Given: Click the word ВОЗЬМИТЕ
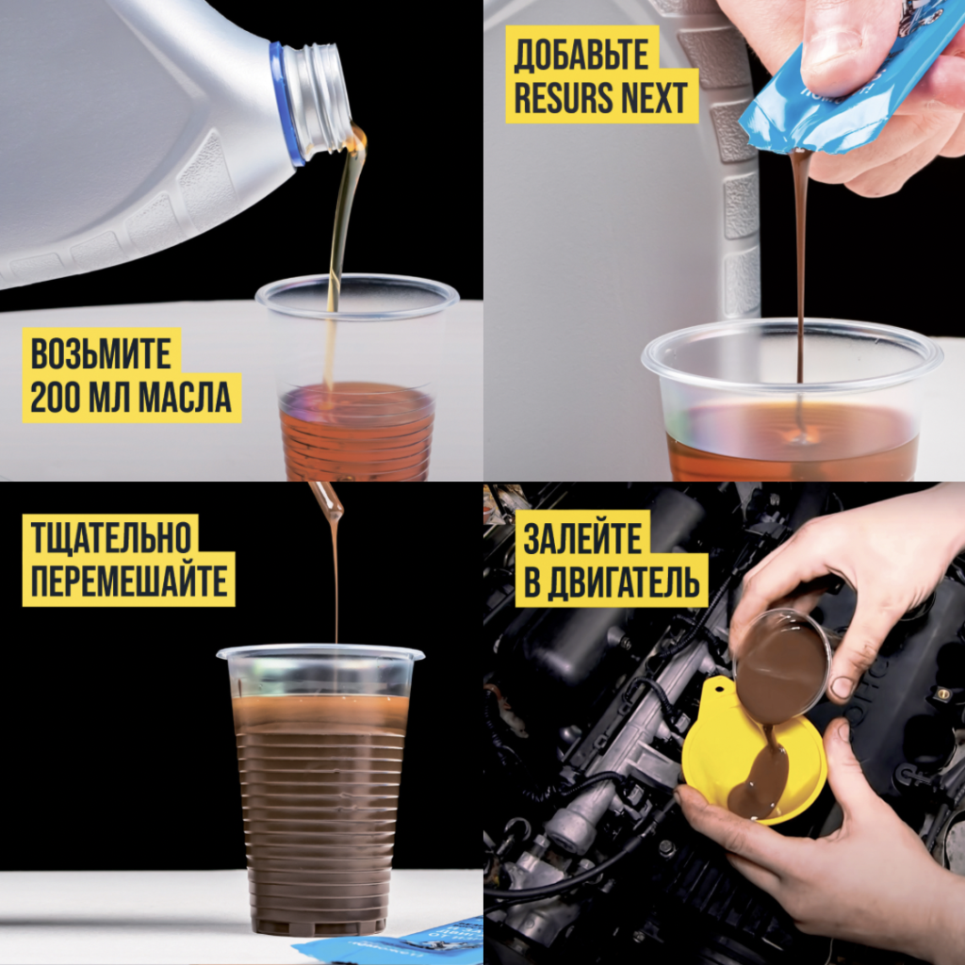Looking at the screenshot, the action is (x=101, y=354).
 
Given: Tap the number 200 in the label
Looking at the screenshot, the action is (x=56, y=398).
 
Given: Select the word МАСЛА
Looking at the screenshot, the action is (x=186, y=398).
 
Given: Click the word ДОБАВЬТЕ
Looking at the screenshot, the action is (x=581, y=54).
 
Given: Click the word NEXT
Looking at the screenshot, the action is (x=655, y=97).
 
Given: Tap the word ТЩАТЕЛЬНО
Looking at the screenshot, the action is (x=111, y=536).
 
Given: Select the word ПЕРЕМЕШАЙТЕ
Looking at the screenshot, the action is (x=129, y=581).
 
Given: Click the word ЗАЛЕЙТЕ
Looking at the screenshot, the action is (x=582, y=537).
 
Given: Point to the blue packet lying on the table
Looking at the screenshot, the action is (x=394, y=942).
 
